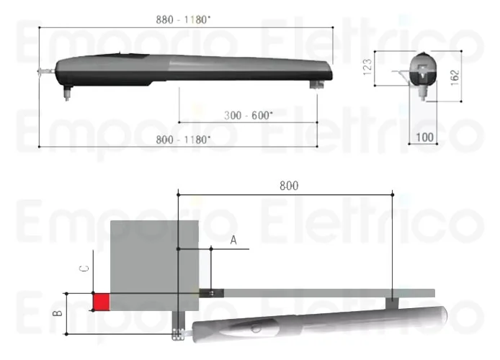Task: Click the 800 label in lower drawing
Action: click(x=288, y=185)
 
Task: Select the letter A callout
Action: click(x=233, y=240)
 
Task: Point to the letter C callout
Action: click(x=84, y=269)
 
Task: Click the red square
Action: click(x=101, y=302)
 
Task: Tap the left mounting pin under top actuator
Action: click(x=67, y=91)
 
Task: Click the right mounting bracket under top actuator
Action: click(x=316, y=86)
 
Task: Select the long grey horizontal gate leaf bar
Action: click(x=324, y=292)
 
